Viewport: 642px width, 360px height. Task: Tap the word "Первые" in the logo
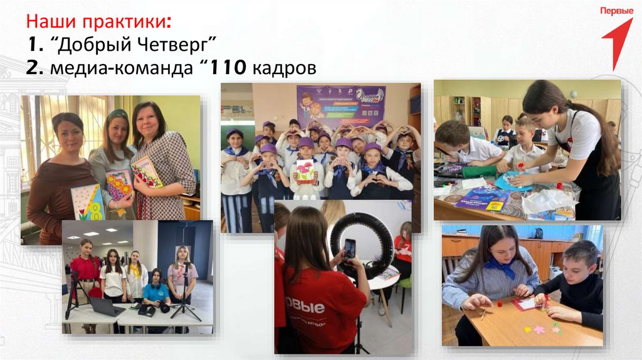(x=616, y=11)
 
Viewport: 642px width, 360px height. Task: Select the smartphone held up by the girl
(x=349, y=248)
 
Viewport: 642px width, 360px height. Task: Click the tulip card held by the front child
(x=305, y=171)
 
